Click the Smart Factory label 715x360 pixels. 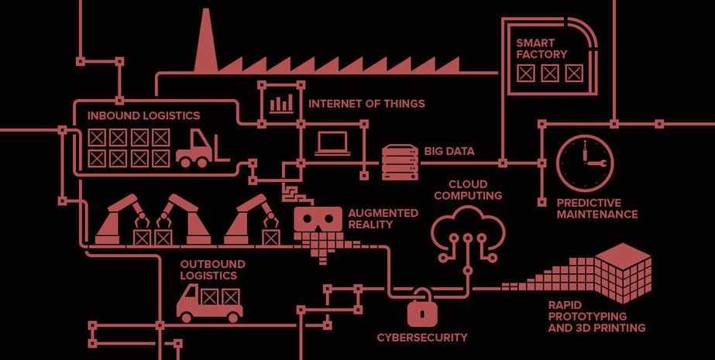541,48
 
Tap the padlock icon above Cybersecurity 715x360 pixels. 421,310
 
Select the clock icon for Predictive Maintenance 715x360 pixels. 585,163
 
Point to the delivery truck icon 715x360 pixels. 209,302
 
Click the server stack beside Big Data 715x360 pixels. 400,163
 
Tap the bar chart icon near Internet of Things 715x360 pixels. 281,103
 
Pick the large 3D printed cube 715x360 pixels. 623,272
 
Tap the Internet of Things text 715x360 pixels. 366,104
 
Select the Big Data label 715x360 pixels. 449,151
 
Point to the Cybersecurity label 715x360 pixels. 422,338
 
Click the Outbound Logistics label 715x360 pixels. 212,269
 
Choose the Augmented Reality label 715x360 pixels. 383,218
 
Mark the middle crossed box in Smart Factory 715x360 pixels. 550,74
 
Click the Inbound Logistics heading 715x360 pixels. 143,116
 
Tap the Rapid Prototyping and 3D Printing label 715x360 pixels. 596,317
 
